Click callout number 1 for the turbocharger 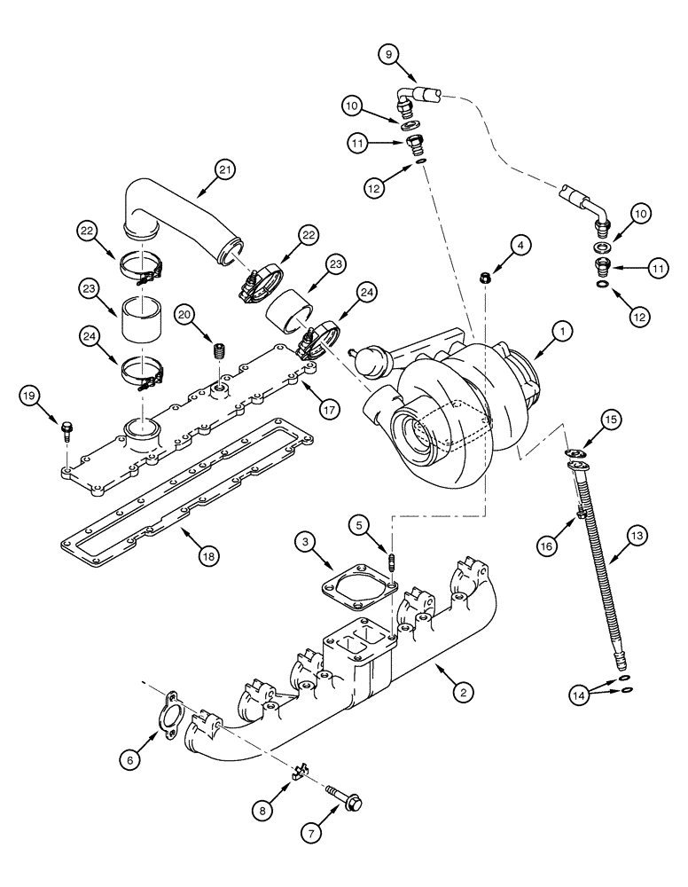click(561, 335)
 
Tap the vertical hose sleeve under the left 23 click(138, 322)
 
